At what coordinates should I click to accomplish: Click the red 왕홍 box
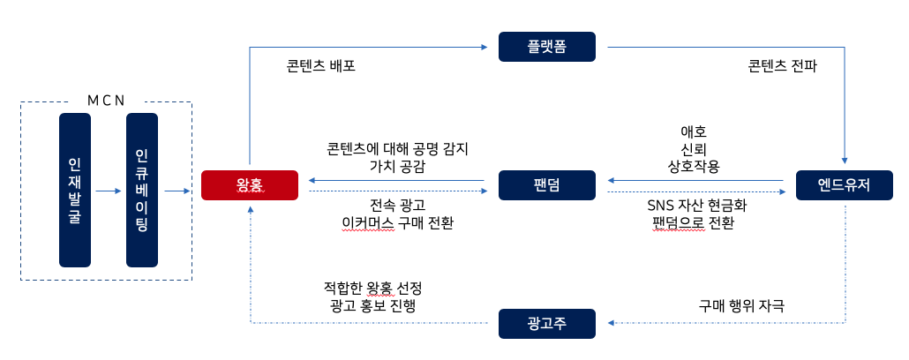(251, 184)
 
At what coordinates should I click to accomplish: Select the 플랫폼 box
(546, 47)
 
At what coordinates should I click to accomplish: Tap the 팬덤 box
(546, 184)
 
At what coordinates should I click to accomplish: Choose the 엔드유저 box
(845, 184)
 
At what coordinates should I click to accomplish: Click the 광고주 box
(546, 323)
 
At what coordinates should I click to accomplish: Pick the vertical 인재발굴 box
(75, 190)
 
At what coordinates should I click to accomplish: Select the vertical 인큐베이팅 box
(142, 190)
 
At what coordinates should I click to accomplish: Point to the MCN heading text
(105, 99)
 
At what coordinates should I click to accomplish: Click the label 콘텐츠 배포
(321, 66)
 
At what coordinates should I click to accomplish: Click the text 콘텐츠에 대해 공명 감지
(396, 148)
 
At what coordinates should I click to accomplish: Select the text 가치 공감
(396, 166)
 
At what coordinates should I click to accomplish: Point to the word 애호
(694, 130)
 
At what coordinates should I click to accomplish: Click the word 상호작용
(694, 166)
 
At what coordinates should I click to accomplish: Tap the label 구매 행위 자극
(741, 305)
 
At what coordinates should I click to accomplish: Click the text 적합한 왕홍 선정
(372, 288)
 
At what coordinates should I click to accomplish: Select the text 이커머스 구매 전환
(397, 223)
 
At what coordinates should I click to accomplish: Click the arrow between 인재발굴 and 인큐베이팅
(108, 190)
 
